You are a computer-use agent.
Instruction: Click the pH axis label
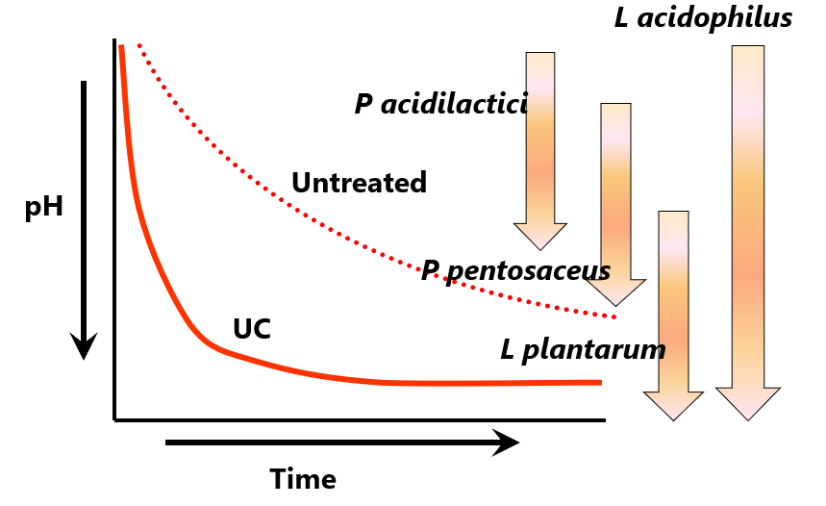click(x=44, y=208)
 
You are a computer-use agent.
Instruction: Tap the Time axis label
click(x=303, y=478)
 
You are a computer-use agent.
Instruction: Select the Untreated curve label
click(x=359, y=183)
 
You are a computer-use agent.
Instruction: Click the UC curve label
click(x=252, y=330)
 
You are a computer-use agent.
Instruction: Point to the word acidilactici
click(x=454, y=104)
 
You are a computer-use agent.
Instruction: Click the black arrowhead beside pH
click(x=85, y=346)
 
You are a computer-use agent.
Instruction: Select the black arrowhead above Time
click(x=505, y=443)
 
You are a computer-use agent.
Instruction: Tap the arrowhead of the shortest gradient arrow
click(x=540, y=236)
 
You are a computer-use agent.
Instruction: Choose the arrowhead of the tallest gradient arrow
click(x=748, y=404)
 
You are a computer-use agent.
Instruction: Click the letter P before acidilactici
click(x=364, y=104)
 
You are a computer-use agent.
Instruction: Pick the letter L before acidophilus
click(x=622, y=17)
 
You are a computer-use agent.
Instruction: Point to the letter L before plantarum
click(x=508, y=348)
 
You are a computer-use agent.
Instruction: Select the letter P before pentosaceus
click(x=430, y=270)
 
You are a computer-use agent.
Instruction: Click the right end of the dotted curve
click(x=614, y=316)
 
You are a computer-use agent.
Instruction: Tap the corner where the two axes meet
click(x=115, y=419)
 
